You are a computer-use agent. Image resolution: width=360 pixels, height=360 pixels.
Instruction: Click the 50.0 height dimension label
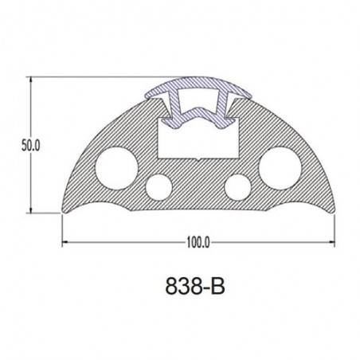31,146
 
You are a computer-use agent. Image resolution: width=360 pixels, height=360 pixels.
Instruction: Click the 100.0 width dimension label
198,242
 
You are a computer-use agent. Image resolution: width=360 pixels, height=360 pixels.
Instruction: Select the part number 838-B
195,286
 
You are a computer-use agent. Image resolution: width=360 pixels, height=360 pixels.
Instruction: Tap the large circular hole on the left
116,168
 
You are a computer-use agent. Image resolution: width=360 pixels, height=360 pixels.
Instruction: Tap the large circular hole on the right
280,168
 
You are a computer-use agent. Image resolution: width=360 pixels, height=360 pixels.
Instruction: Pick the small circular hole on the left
158,187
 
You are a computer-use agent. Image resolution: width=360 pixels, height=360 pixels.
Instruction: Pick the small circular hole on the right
237,187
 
